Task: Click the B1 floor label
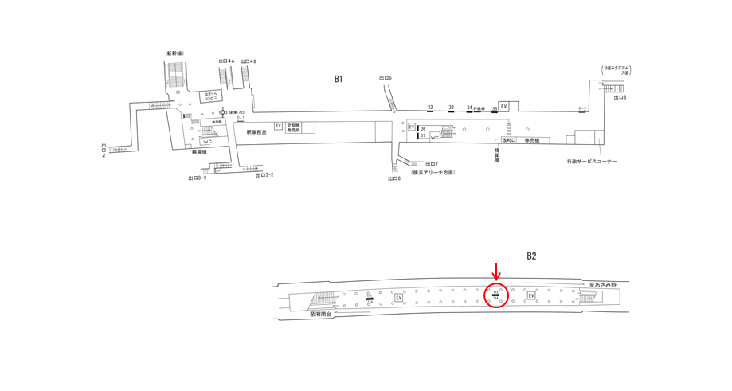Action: [x=338, y=78]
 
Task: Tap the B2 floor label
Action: [x=531, y=256]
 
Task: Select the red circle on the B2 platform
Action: [x=496, y=296]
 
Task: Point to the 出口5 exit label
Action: [x=386, y=77]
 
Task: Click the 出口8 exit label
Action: [x=620, y=97]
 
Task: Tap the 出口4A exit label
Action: [x=225, y=61]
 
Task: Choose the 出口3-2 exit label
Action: [x=264, y=175]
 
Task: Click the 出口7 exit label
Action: [x=431, y=163]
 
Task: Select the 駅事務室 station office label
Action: [x=256, y=132]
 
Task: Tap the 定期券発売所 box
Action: [x=294, y=127]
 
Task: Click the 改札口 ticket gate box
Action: [x=508, y=140]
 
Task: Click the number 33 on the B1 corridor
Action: [x=452, y=107]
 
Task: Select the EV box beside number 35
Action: [x=503, y=106]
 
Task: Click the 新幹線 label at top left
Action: [x=175, y=53]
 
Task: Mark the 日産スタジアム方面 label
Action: [x=616, y=70]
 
